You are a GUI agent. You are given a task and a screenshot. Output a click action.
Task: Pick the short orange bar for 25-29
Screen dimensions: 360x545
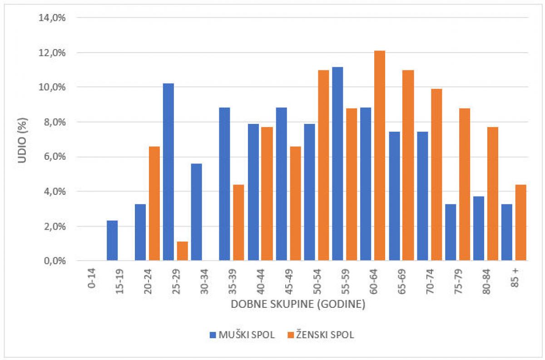click(182, 251)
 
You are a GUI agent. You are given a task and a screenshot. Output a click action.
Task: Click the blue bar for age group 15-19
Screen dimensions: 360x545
click(112, 240)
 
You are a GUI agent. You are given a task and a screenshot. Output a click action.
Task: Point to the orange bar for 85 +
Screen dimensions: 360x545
click(520, 222)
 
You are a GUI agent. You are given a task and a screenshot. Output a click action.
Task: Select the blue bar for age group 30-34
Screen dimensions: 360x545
click(196, 212)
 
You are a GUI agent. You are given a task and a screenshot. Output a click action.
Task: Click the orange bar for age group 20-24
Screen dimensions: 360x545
click(154, 203)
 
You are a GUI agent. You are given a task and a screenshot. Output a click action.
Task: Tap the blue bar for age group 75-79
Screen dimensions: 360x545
click(450, 232)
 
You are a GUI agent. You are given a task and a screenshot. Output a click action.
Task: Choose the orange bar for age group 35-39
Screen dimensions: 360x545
click(238, 222)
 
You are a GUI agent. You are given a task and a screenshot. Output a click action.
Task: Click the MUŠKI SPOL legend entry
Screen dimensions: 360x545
click(242, 335)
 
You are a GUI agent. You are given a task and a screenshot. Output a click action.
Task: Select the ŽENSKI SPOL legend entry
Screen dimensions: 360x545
click(321, 335)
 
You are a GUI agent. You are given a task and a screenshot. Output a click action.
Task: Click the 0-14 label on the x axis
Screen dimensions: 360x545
click(92, 278)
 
